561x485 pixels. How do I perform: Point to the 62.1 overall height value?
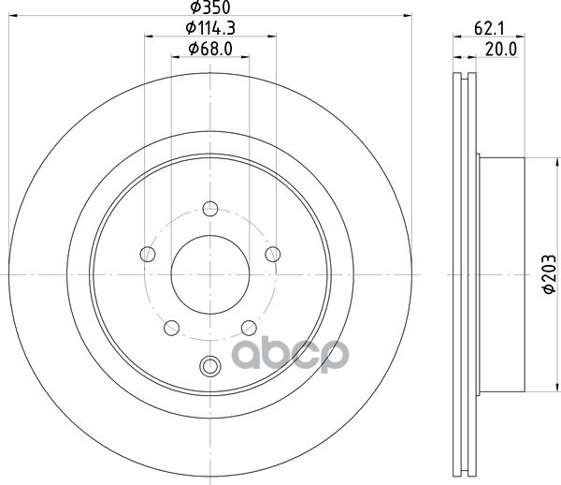pyautogui.click(x=484, y=29)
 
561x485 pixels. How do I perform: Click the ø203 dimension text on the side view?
pyautogui.click(x=550, y=275)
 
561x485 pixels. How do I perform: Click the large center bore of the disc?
pyautogui.click(x=210, y=273)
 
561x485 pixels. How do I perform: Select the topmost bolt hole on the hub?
pyautogui.click(x=210, y=208)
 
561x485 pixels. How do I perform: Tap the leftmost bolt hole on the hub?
pyautogui.click(x=147, y=254)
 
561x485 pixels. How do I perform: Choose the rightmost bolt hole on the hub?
pyautogui.click(x=273, y=254)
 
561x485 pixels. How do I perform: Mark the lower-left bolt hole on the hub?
pyautogui.click(x=171, y=328)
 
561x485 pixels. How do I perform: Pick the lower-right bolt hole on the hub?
pyautogui.click(x=249, y=328)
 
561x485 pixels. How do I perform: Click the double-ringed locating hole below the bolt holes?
pyautogui.click(x=210, y=366)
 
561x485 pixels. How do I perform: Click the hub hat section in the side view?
pyautogui.click(x=502, y=273)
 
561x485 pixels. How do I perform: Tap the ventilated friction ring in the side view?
pyautogui.click(x=466, y=273)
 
